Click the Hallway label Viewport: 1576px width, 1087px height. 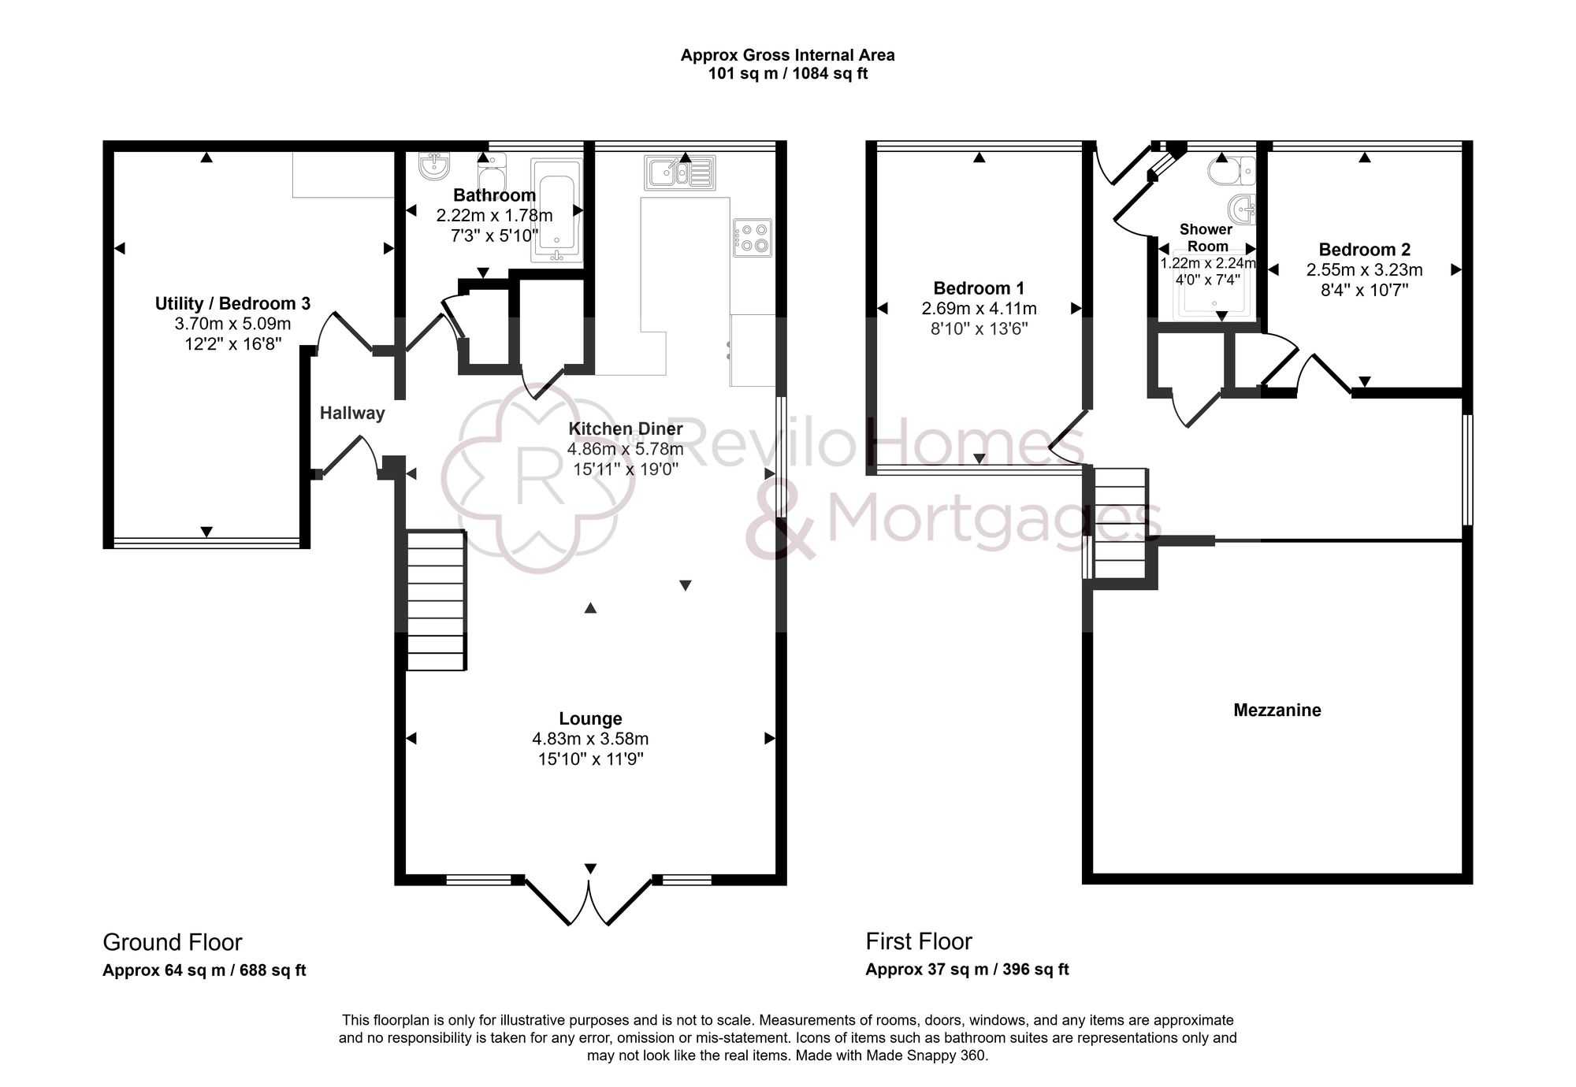tap(352, 413)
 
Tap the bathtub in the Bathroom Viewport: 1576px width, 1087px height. tap(556, 210)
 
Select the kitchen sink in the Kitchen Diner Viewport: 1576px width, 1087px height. tap(679, 173)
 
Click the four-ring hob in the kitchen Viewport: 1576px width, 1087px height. tap(753, 237)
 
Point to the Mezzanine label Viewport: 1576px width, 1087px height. tap(1277, 710)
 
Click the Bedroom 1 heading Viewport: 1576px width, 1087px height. tap(979, 288)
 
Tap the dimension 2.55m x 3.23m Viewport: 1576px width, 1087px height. tap(1364, 270)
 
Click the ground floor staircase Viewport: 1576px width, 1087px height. tap(436, 600)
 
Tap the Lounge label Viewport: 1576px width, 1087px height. tap(590, 718)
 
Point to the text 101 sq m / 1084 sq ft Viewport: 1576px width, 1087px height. tap(787, 74)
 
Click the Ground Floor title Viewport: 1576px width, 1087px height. tap(172, 942)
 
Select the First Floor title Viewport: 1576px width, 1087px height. tap(919, 941)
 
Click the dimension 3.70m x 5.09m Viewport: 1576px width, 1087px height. tap(232, 324)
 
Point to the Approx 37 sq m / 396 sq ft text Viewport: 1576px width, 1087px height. tap(967, 970)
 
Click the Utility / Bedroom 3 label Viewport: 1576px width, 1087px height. tap(232, 303)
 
